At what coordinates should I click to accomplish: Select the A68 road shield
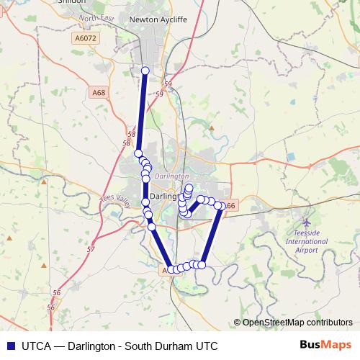pos(98,93)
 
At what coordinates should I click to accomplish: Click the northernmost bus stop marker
pos(145,71)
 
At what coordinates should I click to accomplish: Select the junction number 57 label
pos(91,249)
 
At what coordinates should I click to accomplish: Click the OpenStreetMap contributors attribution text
pos(298,322)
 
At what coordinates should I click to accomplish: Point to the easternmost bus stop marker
pos(219,206)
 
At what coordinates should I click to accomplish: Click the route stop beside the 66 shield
pos(219,206)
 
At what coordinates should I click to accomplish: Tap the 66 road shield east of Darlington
pos(230,206)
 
